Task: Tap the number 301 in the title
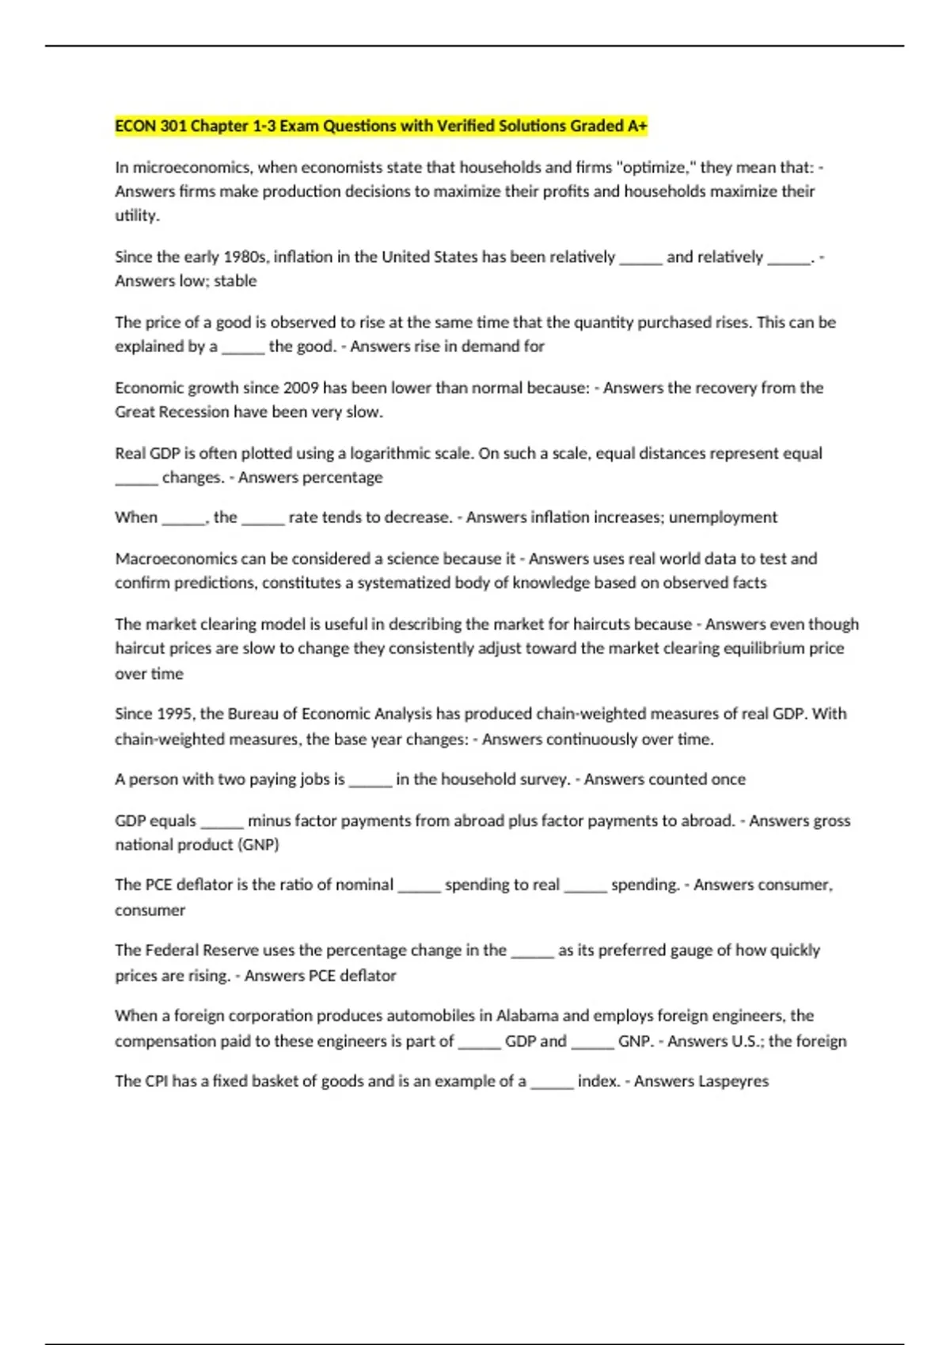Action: coord(173,126)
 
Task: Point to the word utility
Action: coord(137,215)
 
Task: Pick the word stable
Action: coord(235,281)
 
